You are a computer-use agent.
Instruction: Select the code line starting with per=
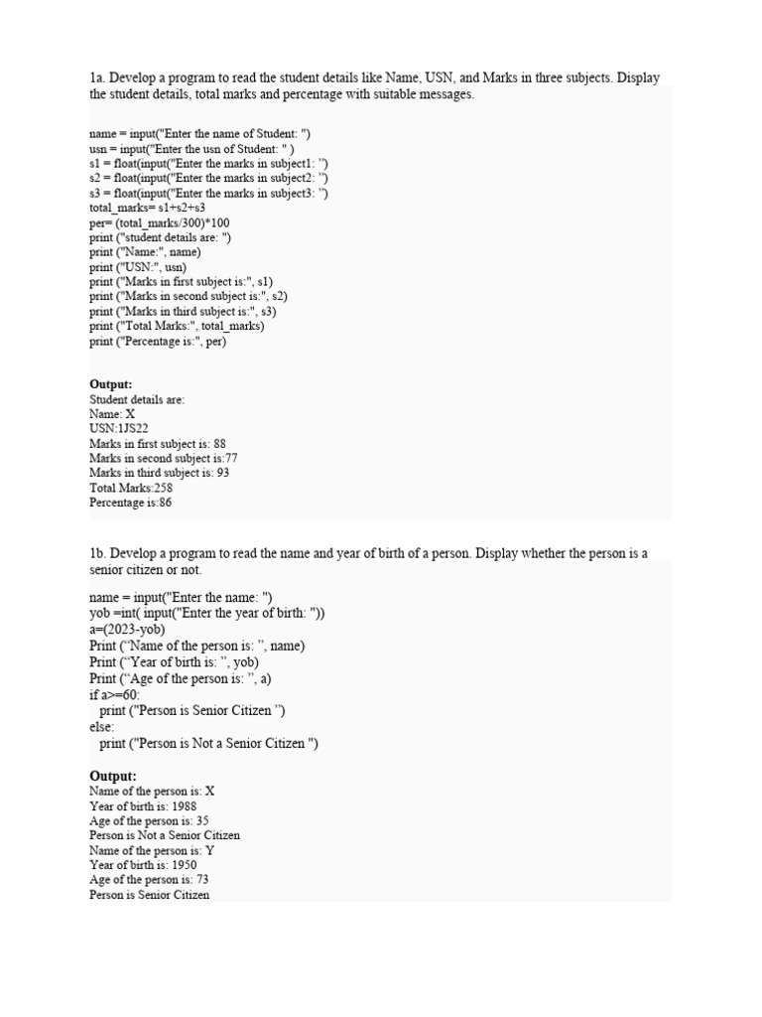[159, 222]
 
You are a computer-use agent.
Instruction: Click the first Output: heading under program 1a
[110, 384]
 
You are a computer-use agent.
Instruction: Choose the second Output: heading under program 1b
[113, 776]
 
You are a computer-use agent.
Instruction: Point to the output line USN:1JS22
[119, 429]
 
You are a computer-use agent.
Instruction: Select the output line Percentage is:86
[130, 503]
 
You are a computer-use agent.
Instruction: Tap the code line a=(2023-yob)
[127, 630]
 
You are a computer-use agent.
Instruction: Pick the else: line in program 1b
[102, 728]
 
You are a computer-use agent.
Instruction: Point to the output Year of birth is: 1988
[142, 806]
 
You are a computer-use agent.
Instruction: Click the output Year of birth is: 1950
[142, 865]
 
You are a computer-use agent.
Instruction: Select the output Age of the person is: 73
[149, 880]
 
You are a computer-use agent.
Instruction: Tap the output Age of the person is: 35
[149, 821]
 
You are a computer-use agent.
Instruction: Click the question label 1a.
[97, 78]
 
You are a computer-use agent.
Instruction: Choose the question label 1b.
[97, 553]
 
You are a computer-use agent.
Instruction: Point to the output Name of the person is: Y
[152, 850]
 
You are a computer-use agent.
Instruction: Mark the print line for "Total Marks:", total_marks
[177, 326]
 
